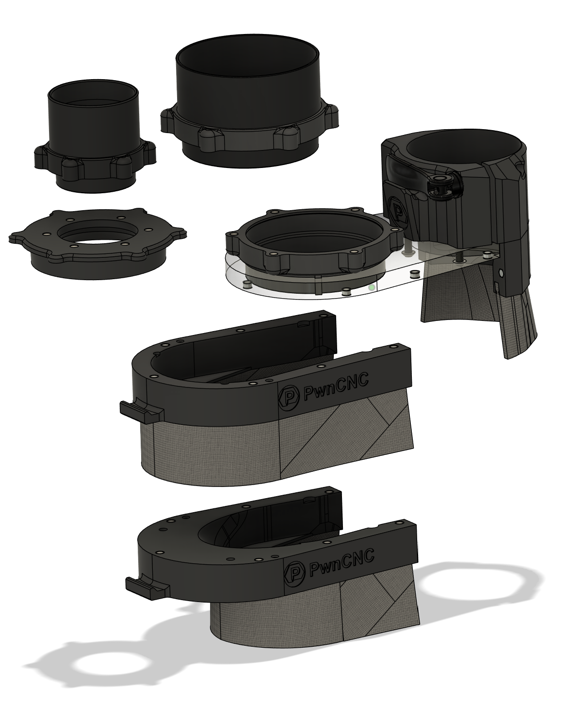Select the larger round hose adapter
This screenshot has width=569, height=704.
[249, 109]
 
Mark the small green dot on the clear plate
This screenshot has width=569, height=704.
[372, 288]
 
